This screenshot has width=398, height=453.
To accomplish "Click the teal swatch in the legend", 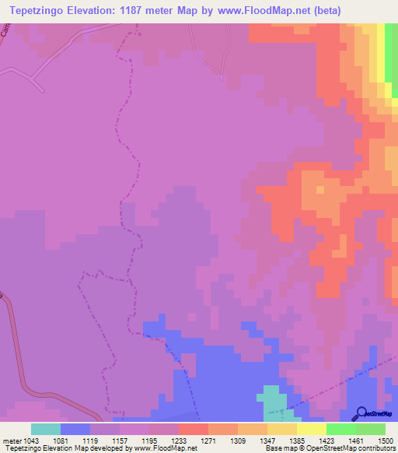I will click(46, 429).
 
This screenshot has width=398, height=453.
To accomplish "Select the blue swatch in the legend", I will click(75, 429).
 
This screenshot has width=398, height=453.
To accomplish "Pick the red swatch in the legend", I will click(194, 429).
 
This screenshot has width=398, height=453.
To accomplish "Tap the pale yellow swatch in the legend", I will click(312, 429).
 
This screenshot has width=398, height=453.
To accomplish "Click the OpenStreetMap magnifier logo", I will click(361, 413).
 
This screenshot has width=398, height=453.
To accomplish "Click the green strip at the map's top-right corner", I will click(393, 54).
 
